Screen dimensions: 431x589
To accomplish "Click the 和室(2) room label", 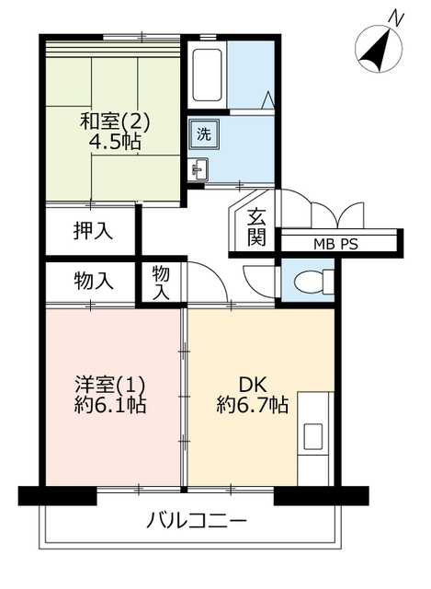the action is coord(115,121).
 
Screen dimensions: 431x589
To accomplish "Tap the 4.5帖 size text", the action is coord(115,143).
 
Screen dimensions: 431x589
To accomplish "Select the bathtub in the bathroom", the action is coord(207,75).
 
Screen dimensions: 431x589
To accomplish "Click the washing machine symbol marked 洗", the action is coord(204,133).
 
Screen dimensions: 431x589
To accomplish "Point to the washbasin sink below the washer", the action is coord(198,169).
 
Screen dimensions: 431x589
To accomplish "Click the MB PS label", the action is coord(335,245).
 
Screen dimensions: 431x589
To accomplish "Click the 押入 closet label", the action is coord(93,230).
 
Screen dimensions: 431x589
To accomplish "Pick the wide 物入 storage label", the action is coord(94,281).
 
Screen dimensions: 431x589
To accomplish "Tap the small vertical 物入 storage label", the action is coord(161,283).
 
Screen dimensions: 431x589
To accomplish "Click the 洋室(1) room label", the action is coord(109,385).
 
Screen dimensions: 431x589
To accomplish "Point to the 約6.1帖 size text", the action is coord(109,405).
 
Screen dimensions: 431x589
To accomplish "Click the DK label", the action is coord(253,385).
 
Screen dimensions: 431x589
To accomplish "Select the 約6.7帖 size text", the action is coord(252,405).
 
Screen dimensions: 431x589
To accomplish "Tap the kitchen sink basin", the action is coord(312,436).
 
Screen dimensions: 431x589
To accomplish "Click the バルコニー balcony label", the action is coord(196,521).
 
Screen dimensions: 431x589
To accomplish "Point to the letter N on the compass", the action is coord(396,17).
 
